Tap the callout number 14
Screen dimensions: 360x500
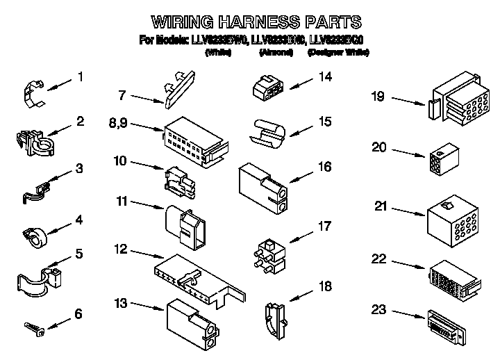324,78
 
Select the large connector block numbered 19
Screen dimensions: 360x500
454,103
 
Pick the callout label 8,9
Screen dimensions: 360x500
118,124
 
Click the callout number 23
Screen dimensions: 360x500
378,310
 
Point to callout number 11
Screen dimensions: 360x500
121,202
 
